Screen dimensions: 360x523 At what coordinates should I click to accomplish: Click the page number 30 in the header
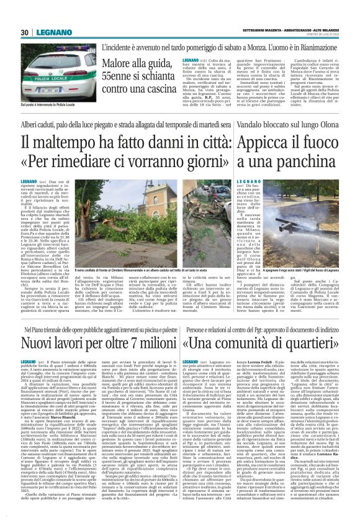click(25, 32)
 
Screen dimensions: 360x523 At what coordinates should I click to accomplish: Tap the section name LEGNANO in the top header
click(48, 32)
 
